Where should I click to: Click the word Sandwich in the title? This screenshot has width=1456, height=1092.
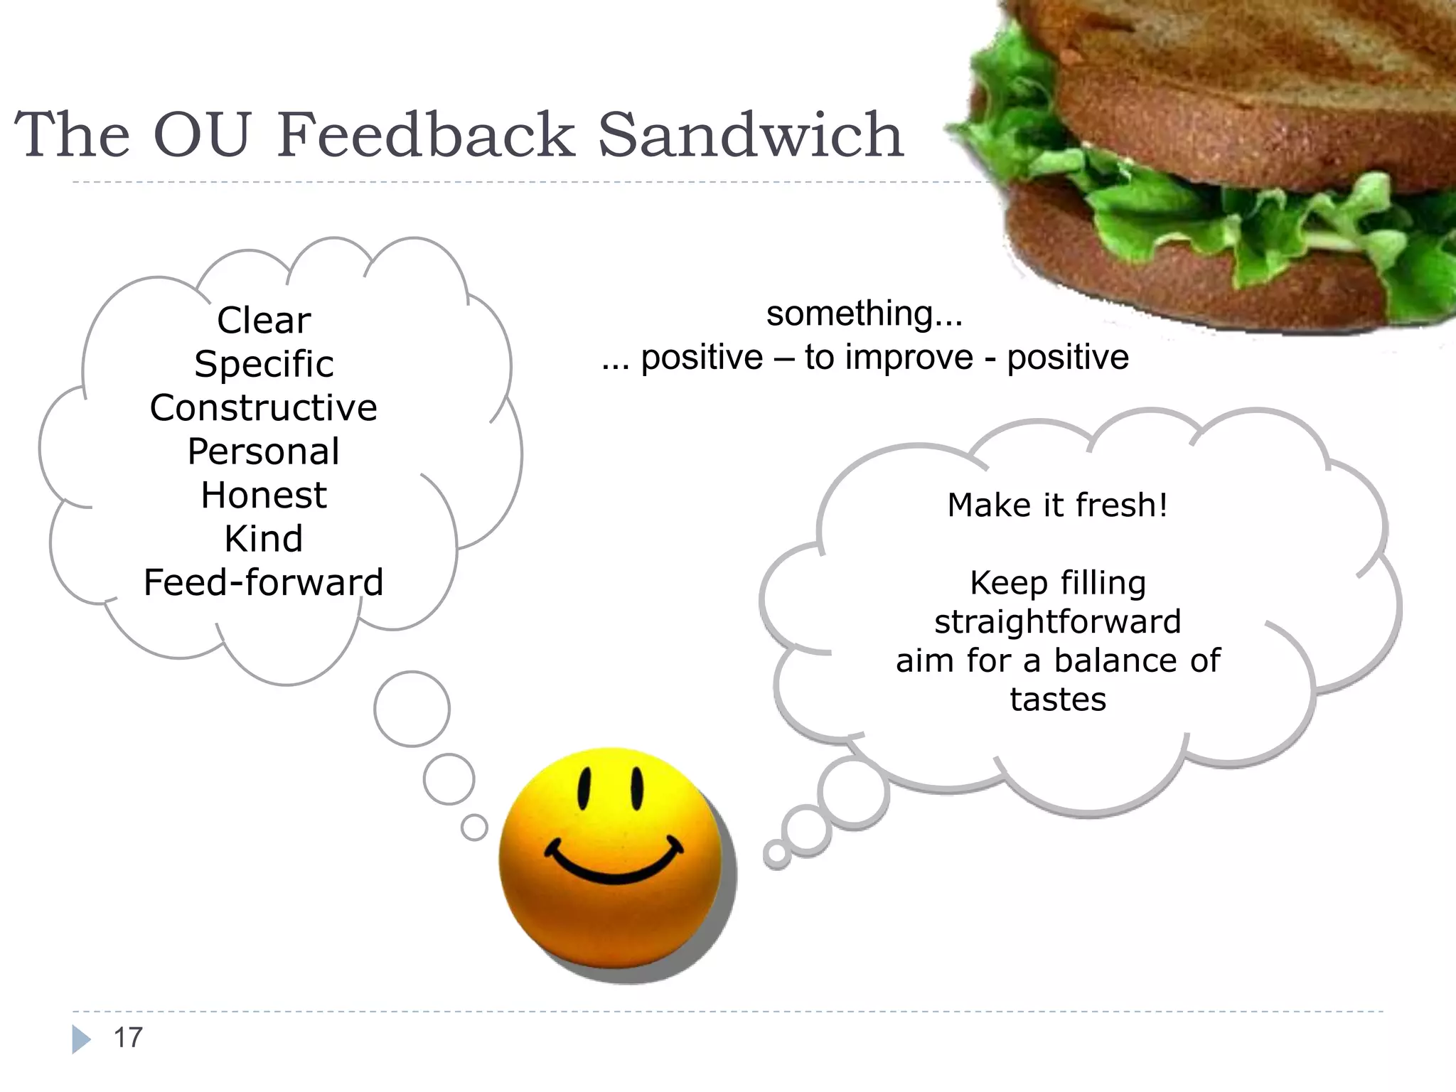[x=751, y=134]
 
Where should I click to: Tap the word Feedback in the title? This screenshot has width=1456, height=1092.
[x=426, y=134]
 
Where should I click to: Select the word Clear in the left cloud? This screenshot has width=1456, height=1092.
[x=264, y=321]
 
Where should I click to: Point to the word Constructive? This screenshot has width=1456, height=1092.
[x=264, y=408]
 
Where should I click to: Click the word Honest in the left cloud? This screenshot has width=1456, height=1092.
[x=264, y=496]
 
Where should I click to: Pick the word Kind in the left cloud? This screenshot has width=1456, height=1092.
[x=264, y=539]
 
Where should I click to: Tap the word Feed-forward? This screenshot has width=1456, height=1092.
[x=264, y=583]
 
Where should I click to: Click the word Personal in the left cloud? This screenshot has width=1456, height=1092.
[x=264, y=451]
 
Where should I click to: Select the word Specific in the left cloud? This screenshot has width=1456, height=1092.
[x=264, y=365]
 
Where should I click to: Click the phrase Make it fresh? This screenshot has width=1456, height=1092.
[x=1058, y=505]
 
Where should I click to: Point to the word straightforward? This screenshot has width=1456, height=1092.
[x=1058, y=622]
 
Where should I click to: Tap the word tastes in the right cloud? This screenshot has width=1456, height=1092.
[x=1058, y=700]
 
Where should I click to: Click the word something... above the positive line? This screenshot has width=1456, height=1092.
[x=864, y=314]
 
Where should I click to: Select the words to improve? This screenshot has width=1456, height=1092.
[x=889, y=358]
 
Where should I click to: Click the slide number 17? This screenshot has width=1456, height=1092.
[x=128, y=1038]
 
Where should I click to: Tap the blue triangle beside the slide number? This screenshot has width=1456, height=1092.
[x=81, y=1039]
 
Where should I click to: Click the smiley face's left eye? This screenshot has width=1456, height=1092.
[x=584, y=788]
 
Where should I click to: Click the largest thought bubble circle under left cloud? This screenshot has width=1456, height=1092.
[x=412, y=709]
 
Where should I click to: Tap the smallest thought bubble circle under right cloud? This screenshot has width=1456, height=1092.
[x=776, y=854]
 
